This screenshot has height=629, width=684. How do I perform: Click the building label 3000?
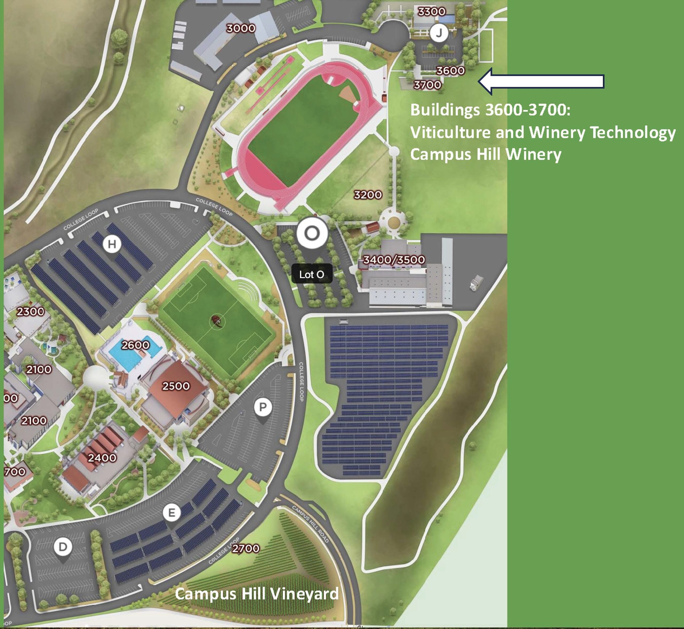point(241,28)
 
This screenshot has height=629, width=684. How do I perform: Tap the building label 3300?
point(432,11)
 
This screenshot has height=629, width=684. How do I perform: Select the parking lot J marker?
point(439,33)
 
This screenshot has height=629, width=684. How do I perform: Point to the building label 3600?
point(450,71)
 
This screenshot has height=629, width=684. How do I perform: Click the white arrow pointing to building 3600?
point(541,81)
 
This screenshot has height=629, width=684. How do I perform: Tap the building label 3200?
point(368,195)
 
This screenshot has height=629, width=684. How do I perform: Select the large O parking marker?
point(312,234)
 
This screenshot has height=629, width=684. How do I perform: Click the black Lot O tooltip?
point(312,274)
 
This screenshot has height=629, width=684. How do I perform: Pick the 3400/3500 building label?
point(394,260)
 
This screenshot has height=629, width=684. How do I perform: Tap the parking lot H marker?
point(112,244)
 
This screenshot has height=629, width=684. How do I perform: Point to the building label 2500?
point(176,386)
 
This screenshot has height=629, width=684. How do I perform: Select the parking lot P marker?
point(263,407)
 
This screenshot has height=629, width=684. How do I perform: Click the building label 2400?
point(102,457)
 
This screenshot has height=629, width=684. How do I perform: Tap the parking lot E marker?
point(171,512)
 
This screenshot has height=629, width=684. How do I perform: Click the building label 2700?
point(246,548)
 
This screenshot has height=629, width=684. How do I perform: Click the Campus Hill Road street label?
point(310,525)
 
